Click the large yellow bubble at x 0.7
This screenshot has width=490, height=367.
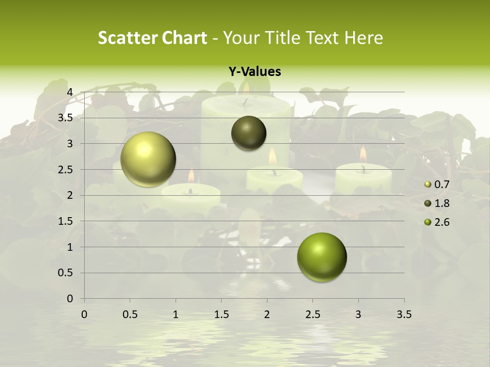pyautogui.click(x=148, y=159)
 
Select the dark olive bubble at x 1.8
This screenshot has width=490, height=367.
pyautogui.click(x=249, y=133)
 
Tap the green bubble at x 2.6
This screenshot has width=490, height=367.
pyautogui.click(x=322, y=257)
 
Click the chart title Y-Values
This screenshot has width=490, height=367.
pyautogui.click(x=255, y=72)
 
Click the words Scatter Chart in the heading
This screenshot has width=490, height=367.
pyautogui.click(x=153, y=38)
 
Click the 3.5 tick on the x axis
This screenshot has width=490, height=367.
pyautogui.click(x=404, y=314)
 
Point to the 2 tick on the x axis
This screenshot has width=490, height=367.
pyautogui.click(x=267, y=314)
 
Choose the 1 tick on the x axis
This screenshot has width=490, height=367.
pyautogui.click(x=176, y=314)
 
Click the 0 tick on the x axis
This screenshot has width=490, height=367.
pyautogui.click(x=84, y=314)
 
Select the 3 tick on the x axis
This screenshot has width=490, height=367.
pyautogui.click(x=358, y=314)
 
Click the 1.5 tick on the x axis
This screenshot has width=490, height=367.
pyautogui.click(x=221, y=314)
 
